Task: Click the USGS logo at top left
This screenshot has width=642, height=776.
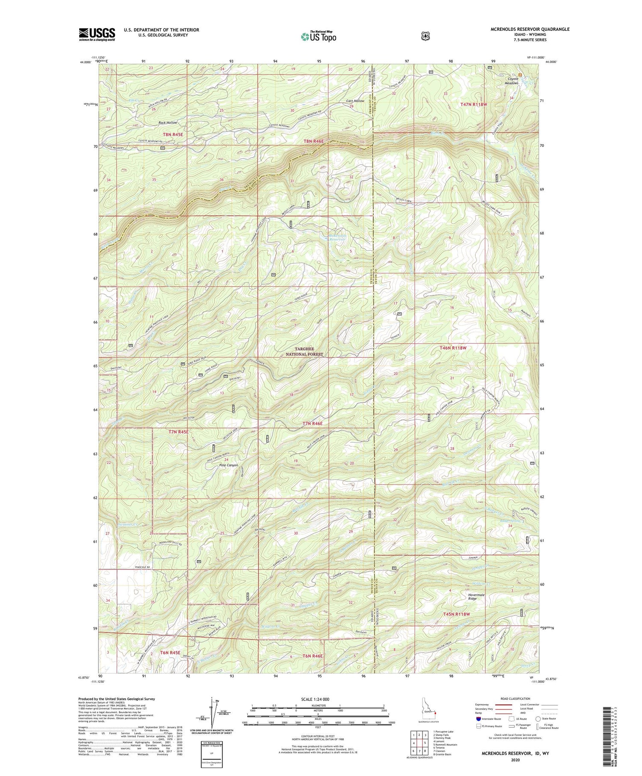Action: (x=97, y=34)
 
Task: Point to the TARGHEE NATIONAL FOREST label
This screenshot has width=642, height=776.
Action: (x=304, y=351)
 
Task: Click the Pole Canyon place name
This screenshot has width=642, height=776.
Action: (x=228, y=465)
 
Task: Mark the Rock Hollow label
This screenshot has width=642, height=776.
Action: (x=167, y=122)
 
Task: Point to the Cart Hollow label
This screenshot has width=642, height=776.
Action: (x=355, y=101)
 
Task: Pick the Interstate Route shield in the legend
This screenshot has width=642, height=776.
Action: (x=479, y=718)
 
